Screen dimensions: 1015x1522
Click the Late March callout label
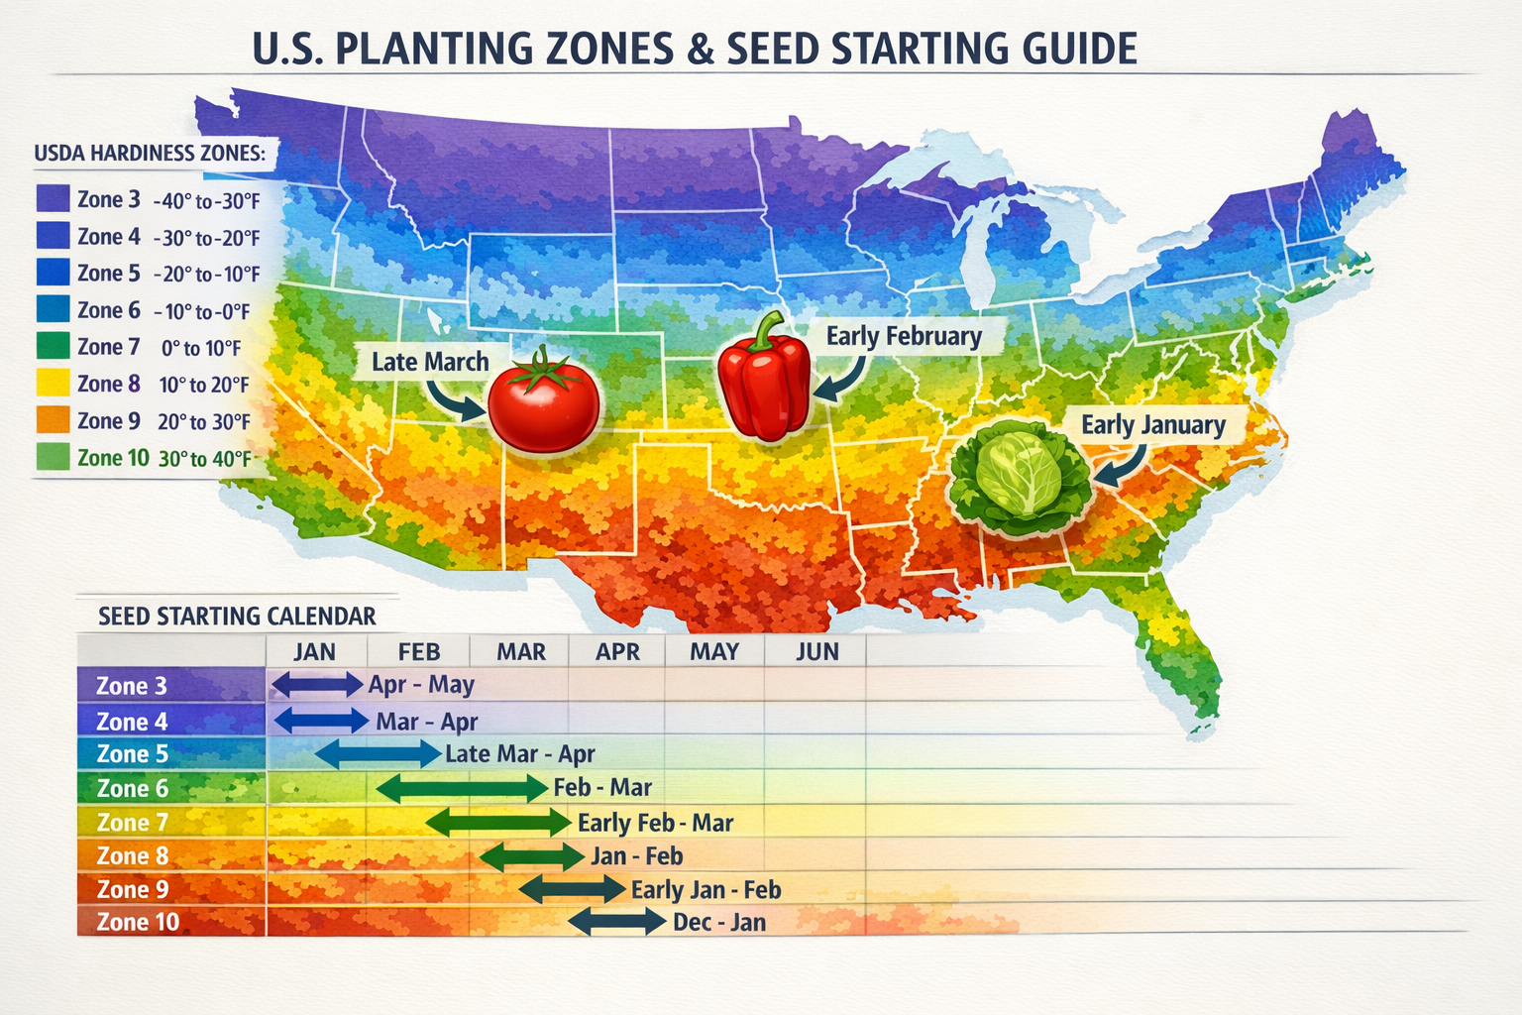coord(430,362)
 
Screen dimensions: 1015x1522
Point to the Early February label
coord(904,336)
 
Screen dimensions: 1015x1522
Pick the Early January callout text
coord(1153,425)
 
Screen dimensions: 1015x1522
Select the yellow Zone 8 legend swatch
coord(53,384)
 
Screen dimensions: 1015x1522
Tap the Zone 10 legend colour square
coord(53,457)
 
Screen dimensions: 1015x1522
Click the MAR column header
coord(521,651)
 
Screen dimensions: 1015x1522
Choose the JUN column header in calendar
coord(817,651)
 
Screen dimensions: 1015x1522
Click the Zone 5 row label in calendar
coord(133,754)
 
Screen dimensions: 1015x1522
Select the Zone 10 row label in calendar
coord(138,922)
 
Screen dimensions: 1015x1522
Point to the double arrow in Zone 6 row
coord(462,788)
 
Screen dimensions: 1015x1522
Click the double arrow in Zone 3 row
coord(318,684)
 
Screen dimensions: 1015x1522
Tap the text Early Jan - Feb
coord(707,890)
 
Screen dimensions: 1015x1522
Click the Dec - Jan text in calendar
coord(719,923)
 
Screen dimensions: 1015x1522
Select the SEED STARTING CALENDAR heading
coord(237,617)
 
